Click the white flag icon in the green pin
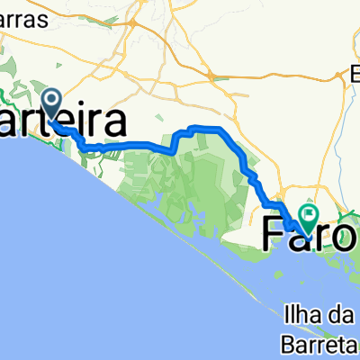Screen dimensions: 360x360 coord(310,214)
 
